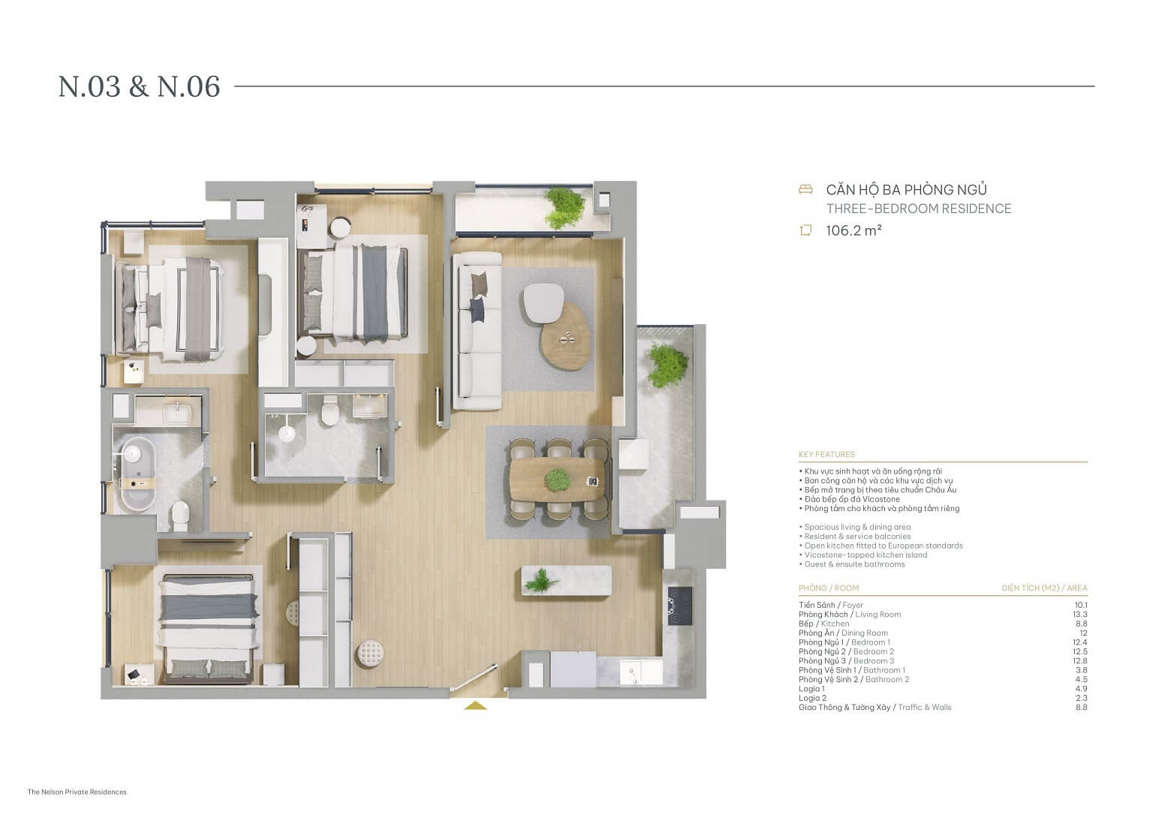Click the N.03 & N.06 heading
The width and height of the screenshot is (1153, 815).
coord(140,87)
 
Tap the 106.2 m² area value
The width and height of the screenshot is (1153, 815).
coord(853,230)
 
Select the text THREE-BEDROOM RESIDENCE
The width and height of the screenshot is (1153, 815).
coord(918,209)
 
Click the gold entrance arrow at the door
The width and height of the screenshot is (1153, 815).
coord(475,705)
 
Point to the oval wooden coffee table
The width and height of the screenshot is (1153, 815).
coord(566,338)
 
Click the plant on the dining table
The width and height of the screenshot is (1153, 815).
coord(557,478)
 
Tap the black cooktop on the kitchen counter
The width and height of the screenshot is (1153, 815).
coord(680,606)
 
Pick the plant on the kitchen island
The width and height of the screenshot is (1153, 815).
coord(539,579)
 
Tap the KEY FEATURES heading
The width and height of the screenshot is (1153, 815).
coord(826,454)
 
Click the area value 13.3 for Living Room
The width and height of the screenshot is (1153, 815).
coord(1080,614)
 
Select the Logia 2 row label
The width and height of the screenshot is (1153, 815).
coord(812,698)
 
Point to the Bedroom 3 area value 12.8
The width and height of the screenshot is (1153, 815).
coord(1080,660)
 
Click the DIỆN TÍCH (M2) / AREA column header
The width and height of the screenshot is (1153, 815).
coord(1043,588)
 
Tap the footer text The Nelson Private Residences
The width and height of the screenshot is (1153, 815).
coord(77,792)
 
